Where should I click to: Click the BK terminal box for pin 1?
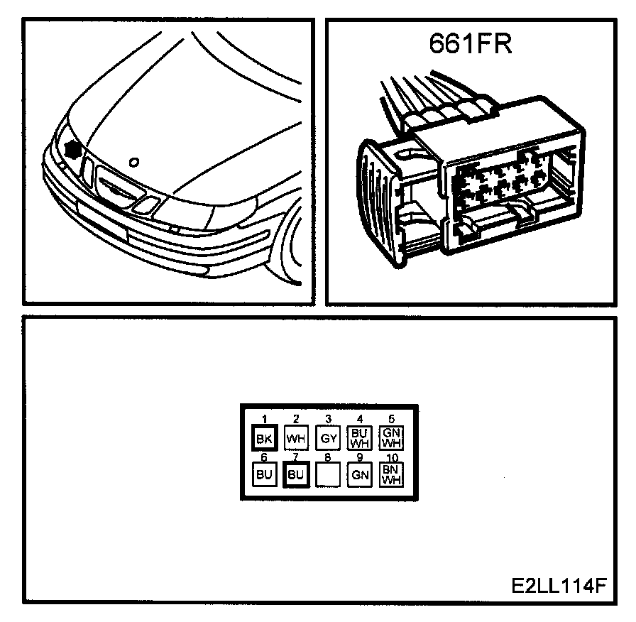(263, 437)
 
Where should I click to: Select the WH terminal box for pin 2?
(295, 437)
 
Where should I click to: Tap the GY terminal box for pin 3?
(328, 437)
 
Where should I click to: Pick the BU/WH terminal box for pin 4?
(359, 437)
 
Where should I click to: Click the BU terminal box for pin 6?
(263, 474)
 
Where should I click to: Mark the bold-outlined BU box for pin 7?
(295, 474)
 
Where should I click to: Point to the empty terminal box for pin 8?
(328, 474)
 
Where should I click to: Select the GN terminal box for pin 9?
(360, 474)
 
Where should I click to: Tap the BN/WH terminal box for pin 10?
(391, 474)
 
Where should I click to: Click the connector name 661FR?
(470, 44)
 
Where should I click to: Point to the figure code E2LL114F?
(558, 587)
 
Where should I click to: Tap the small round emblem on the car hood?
(134, 161)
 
